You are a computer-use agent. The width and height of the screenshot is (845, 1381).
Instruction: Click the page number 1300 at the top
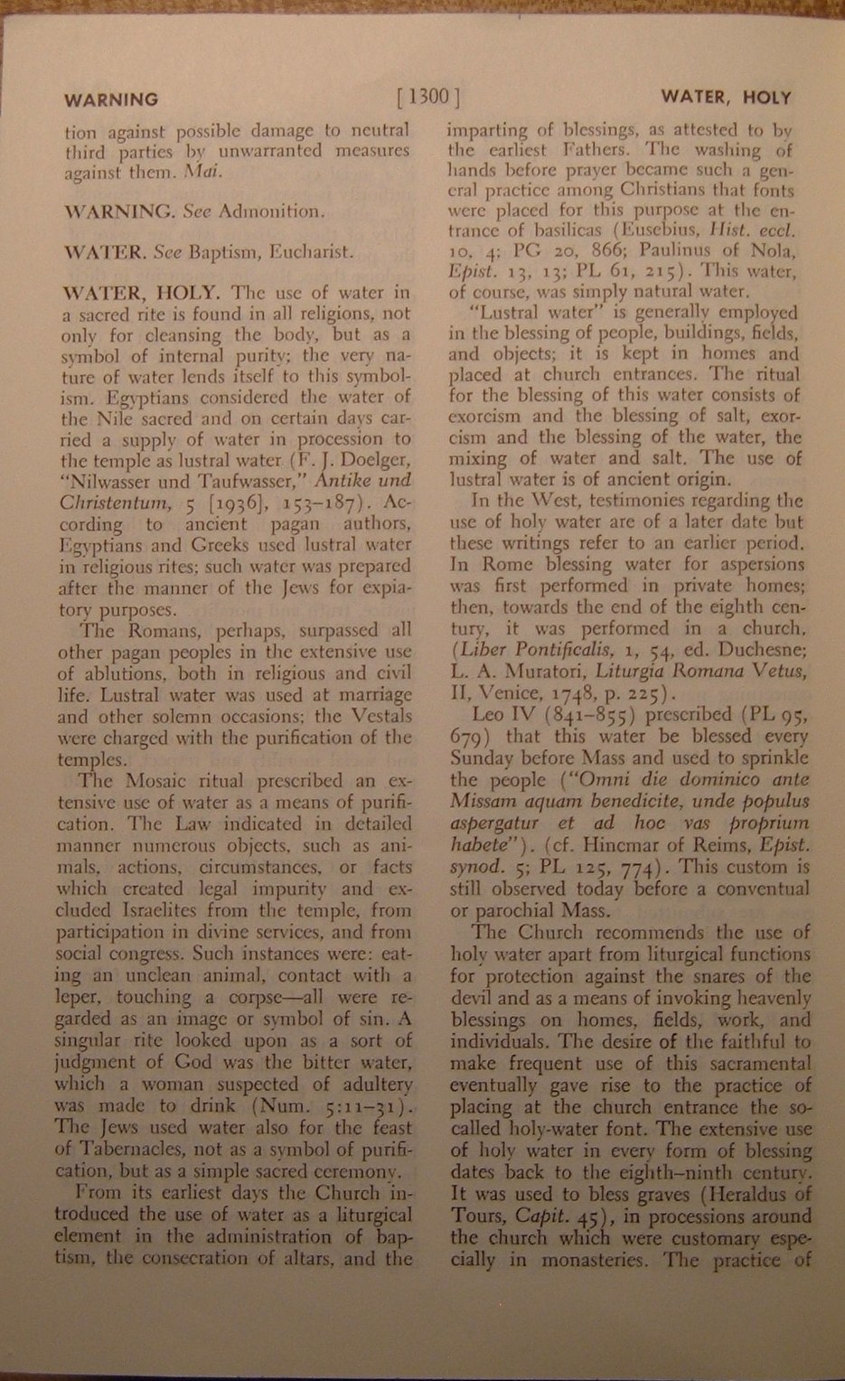pyautogui.click(x=429, y=97)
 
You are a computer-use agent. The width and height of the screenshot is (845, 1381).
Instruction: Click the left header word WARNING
pyautogui.click(x=110, y=99)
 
